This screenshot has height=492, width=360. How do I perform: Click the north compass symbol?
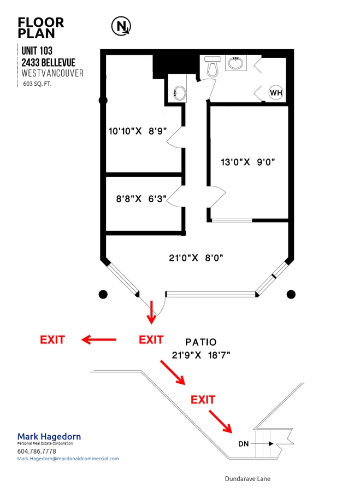click(x=121, y=25)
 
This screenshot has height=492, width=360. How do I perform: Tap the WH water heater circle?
click(x=276, y=93)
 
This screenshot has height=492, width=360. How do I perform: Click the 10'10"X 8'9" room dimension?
click(x=137, y=131)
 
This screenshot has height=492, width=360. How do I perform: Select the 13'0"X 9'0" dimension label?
click(x=247, y=162)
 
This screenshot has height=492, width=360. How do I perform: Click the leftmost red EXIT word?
click(x=52, y=339)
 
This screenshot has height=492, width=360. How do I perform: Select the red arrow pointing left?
click(x=99, y=339)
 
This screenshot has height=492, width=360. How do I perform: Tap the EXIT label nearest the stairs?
click(x=203, y=400)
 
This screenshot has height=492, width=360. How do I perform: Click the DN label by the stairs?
click(x=244, y=443)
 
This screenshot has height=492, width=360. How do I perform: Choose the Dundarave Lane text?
click(x=247, y=479)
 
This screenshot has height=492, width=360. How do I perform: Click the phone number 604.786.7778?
click(x=37, y=451)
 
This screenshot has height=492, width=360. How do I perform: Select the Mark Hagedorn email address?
click(x=68, y=459)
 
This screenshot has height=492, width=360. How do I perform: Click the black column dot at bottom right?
click(x=291, y=295)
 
